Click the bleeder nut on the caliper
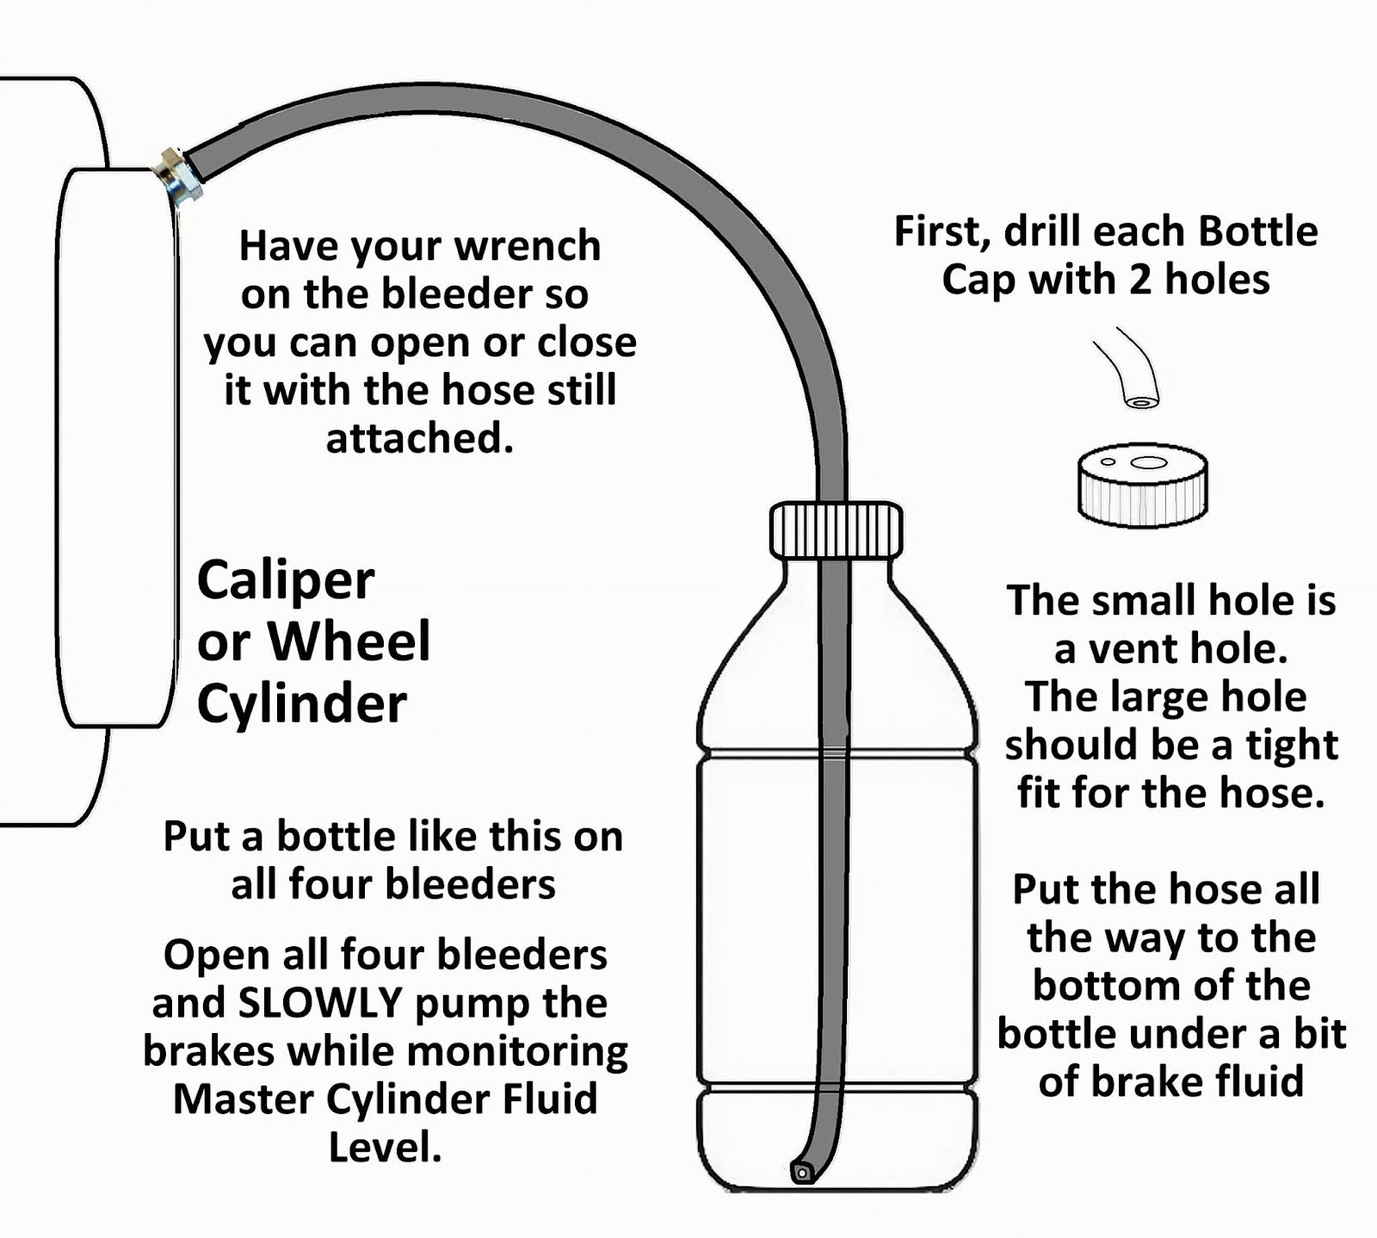pyautogui.click(x=179, y=176)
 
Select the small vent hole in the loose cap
pyautogui.click(x=1108, y=462)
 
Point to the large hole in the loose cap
pyautogui.click(x=1147, y=462)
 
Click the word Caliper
pyautogui.click(x=286, y=582)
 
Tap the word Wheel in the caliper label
pyautogui.click(x=349, y=642)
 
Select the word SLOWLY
pyautogui.click(x=320, y=1003)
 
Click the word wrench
pyautogui.click(x=527, y=246)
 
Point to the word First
pyautogui.click(x=943, y=232)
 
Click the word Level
pyautogui.click(x=385, y=1148)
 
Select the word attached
pyautogui.click(x=419, y=439)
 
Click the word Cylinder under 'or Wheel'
pyautogui.click(x=301, y=704)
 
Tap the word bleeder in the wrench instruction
pyautogui.click(x=446, y=294)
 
